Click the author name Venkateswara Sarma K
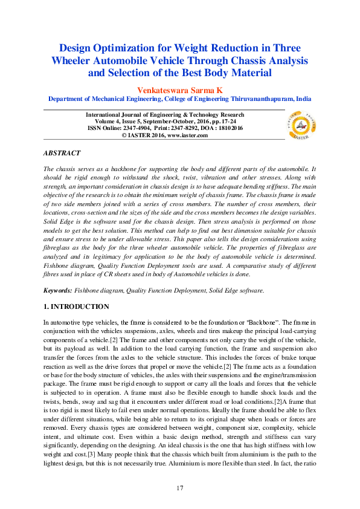pyautogui.click(x=179, y=88)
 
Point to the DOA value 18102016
pyautogui.click(x=228, y=128)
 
